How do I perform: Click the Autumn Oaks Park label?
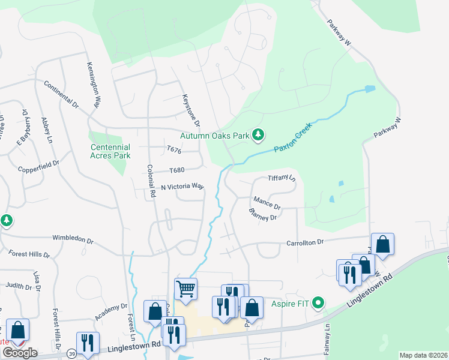[214, 136]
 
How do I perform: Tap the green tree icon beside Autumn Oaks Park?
[258, 135]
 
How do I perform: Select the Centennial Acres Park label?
[110, 151]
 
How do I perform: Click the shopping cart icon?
[186, 289]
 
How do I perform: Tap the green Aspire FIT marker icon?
[319, 303]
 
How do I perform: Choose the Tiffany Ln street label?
[282, 178]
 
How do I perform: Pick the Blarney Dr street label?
[264, 214]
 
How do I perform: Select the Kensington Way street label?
[92, 85]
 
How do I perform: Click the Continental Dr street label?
[61, 94]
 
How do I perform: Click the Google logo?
[20, 352]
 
